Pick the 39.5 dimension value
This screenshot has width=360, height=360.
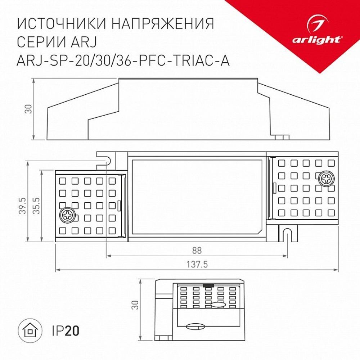[x=22, y=205]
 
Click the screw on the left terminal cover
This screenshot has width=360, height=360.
[x=67, y=215]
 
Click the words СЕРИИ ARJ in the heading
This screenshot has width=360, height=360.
[x=59, y=42]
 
